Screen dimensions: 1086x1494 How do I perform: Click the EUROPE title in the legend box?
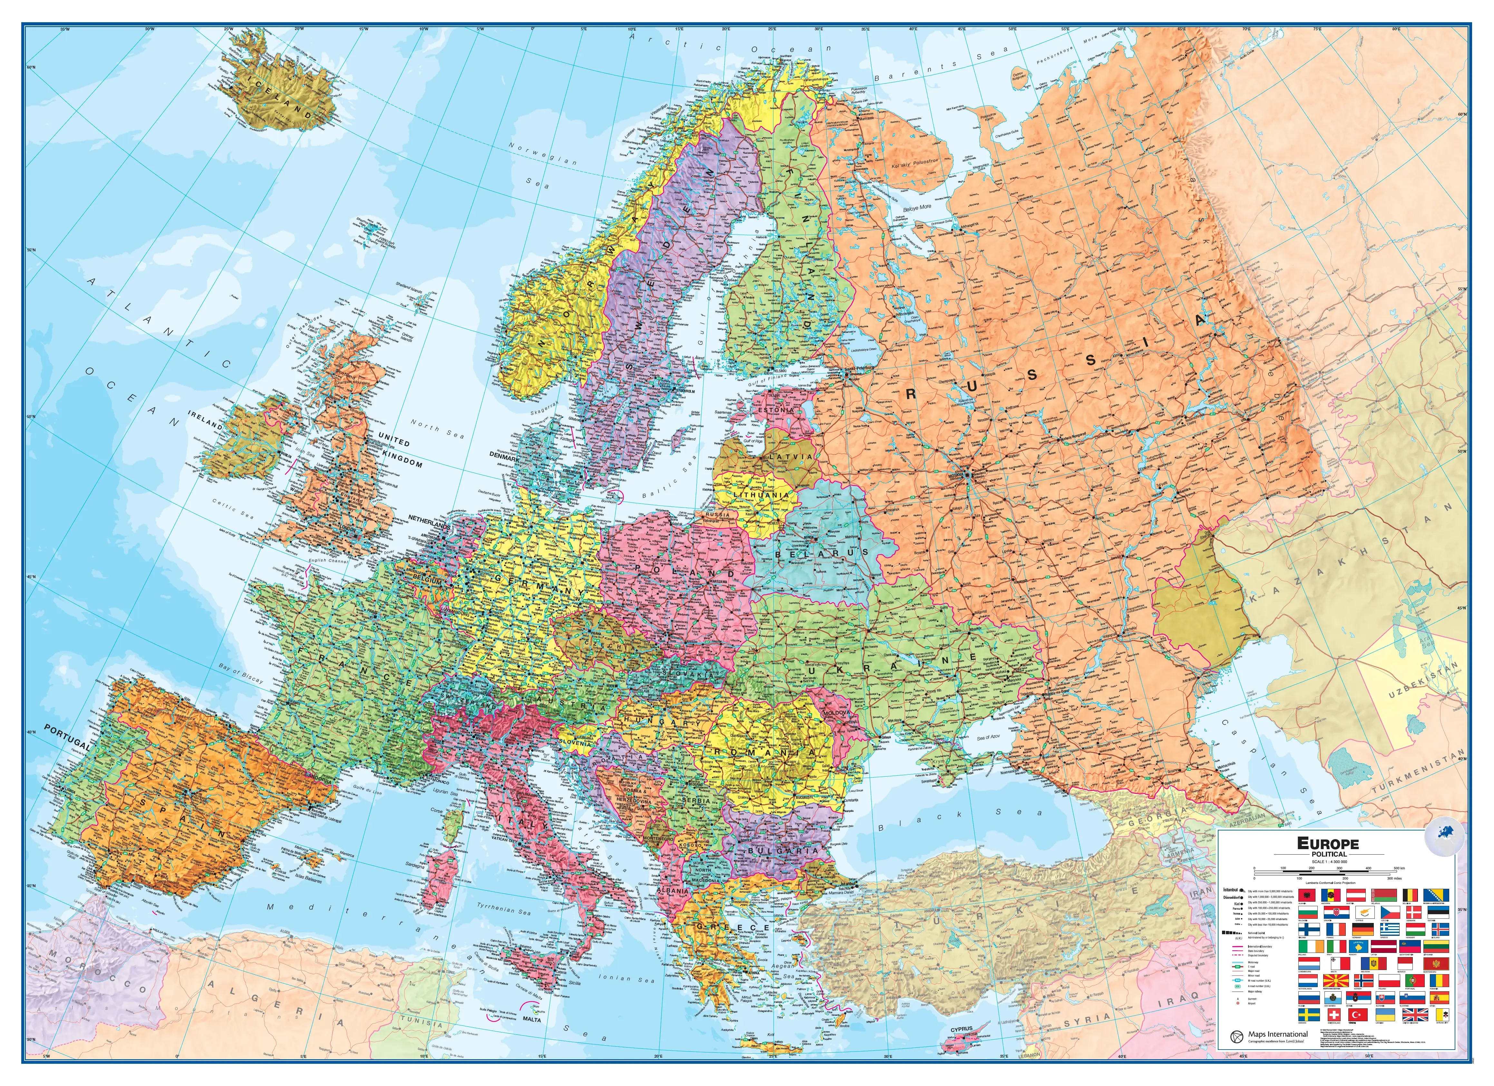click(1327, 843)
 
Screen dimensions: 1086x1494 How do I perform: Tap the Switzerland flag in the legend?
click(1334, 1015)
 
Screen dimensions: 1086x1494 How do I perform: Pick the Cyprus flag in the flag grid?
click(1365, 912)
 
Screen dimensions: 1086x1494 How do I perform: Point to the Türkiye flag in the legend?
click(1358, 1015)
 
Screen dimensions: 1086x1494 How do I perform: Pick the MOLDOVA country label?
click(837, 713)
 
